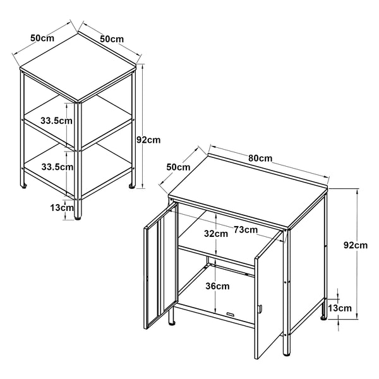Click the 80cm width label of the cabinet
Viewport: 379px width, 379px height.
tap(260, 157)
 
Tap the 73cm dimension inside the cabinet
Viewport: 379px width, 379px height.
tap(245, 229)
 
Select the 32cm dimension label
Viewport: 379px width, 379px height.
tap(215, 234)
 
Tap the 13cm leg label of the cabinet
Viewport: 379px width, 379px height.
tap(340, 308)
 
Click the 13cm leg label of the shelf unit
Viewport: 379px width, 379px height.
tap(62, 207)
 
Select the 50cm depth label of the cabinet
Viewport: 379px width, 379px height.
tap(178, 167)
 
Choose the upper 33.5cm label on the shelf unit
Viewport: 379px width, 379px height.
tap(56, 120)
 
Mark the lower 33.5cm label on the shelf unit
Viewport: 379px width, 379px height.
tap(56, 167)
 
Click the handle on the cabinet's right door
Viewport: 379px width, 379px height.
tap(259, 309)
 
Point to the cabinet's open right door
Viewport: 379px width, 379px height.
tap(269, 297)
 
